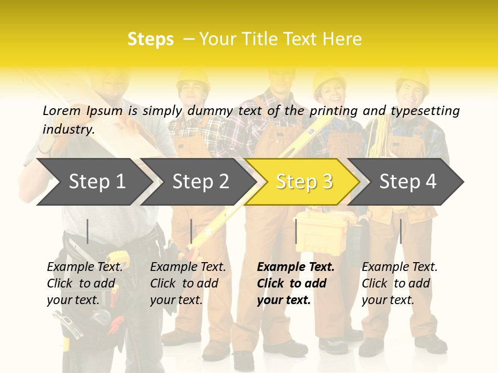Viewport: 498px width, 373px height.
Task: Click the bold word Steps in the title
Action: [x=150, y=39]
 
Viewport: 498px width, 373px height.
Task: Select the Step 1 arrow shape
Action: [x=95, y=181]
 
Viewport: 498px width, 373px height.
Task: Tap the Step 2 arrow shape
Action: [x=200, y=181]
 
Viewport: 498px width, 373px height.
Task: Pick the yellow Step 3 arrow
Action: [x=303, y=181]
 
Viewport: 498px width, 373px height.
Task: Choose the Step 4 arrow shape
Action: [x=407, y=181]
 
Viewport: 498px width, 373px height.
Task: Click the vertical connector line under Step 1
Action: [x=88, y=231]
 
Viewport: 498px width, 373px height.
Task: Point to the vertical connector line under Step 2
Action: [x=191, y=231]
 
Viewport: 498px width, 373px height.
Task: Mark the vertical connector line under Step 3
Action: [x=296, y=231]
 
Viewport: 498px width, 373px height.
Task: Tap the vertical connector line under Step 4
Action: [x=401, y=231]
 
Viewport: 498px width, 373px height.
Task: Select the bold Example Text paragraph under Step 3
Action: [x=295, y=283]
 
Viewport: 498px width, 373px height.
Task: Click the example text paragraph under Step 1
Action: [x=85, y=283]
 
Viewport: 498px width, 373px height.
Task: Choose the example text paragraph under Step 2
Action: [x=188, y=283]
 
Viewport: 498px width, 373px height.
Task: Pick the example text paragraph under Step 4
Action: [x=399, y=283]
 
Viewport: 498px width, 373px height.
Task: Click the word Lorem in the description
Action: [x=61, y=110]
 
